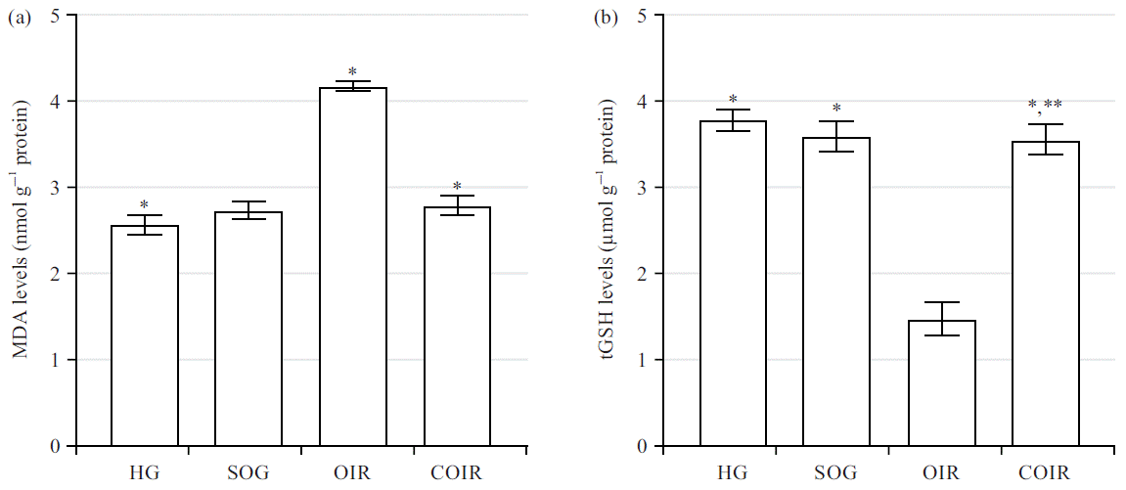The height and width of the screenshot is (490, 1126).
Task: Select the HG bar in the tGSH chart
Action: (733, 284)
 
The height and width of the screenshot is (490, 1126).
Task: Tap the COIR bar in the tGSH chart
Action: (1045, 293)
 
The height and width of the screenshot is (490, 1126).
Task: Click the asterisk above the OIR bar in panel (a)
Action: (353, 72)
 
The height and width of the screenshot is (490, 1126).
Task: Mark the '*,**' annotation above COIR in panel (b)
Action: (1045, 106)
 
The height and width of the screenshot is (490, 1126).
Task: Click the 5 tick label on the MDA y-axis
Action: (55, 16)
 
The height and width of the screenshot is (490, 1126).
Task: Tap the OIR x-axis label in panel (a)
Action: (353, 473)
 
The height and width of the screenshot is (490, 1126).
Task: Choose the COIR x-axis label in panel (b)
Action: (1045, 473)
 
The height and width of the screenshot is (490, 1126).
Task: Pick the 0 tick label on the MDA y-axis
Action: (55, 447)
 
